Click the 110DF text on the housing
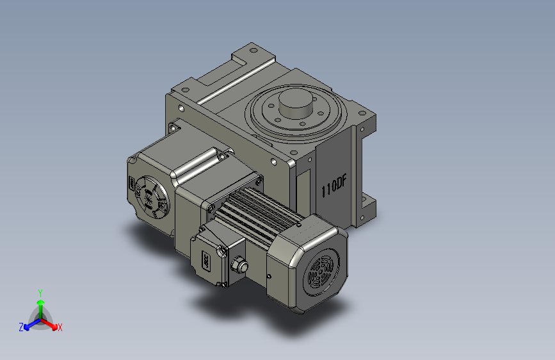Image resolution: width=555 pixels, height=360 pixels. tap(334, 186)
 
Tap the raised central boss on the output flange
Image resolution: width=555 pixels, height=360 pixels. tap(296, 103)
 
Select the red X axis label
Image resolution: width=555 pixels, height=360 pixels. tap(60, 328)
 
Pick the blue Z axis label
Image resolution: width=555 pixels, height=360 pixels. tap(21, 327)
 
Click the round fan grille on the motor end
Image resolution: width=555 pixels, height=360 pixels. tap(321, 271)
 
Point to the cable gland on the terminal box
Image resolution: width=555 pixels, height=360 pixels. tap(239, 266)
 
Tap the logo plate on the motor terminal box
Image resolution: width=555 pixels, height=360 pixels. tap(206, 261)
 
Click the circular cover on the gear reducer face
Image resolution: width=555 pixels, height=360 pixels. tap(152, 197)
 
